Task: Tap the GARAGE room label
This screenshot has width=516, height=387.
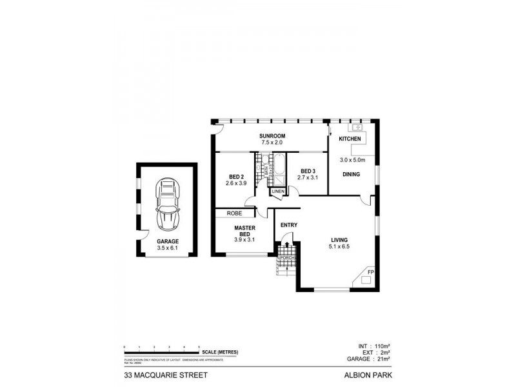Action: point(166,241)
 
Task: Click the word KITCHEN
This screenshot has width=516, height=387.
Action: point(350,139)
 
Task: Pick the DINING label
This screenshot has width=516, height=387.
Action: point(352,174)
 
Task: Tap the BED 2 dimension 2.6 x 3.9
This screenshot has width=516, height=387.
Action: point(236,184)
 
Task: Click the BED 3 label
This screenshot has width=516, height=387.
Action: point(309,171)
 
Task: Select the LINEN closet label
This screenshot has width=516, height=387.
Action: point(277,192)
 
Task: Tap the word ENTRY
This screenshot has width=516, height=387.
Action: point(288,224)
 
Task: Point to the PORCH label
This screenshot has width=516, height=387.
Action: point(286,259)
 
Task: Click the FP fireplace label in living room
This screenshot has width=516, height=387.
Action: point(370,273)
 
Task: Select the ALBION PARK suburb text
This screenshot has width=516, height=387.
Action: point(369,373)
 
